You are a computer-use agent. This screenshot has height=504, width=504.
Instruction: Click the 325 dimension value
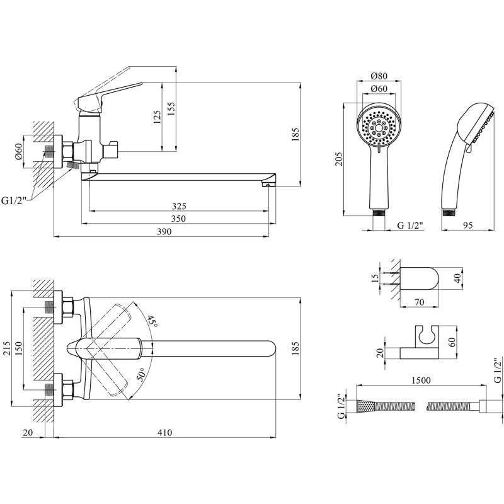coord(179,206)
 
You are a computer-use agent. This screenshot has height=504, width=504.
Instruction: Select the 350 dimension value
coord(179,219)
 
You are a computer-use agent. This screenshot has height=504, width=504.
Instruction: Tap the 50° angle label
coord(141,377)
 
